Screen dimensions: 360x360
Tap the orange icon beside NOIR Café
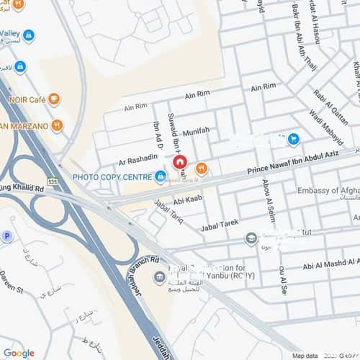click(54, 99)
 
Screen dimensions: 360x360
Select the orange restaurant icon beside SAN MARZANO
click(57, 125)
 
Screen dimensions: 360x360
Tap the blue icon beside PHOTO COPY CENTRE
click(160, 175)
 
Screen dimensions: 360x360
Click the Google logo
click(18, 353)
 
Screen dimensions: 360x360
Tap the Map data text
click(305, 356)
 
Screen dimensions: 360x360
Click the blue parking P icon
click(7, 235)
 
